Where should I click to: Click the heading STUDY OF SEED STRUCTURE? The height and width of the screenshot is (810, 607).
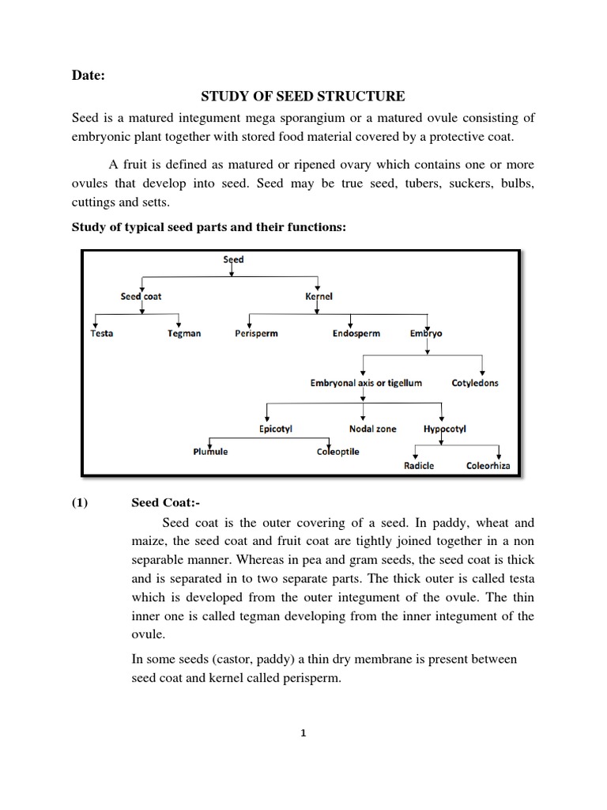point(303,97)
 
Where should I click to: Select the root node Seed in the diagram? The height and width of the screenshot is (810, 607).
point(233,259)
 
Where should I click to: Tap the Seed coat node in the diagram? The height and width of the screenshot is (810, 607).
point(141,297)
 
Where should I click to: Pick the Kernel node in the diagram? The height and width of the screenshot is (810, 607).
point(319,297)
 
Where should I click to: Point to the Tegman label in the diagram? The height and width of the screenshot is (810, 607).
point(184,334)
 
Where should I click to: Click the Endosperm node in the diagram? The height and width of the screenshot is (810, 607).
point(356,334)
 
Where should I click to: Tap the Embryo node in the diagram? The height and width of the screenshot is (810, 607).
point(426,334)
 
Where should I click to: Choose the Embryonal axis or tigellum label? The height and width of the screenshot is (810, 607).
point(366,383)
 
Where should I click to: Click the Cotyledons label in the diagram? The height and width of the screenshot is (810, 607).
point(475,383)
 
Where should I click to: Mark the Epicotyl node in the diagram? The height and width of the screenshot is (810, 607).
point(277,429)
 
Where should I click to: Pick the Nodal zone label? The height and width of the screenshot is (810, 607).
point(373,429)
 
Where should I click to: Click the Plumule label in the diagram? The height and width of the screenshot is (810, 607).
point(210,452)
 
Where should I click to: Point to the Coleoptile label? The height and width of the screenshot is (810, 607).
point(337,452)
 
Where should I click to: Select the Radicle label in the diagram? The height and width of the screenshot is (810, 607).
point(419,466)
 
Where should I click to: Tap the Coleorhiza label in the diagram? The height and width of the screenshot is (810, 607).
point(488,466)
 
